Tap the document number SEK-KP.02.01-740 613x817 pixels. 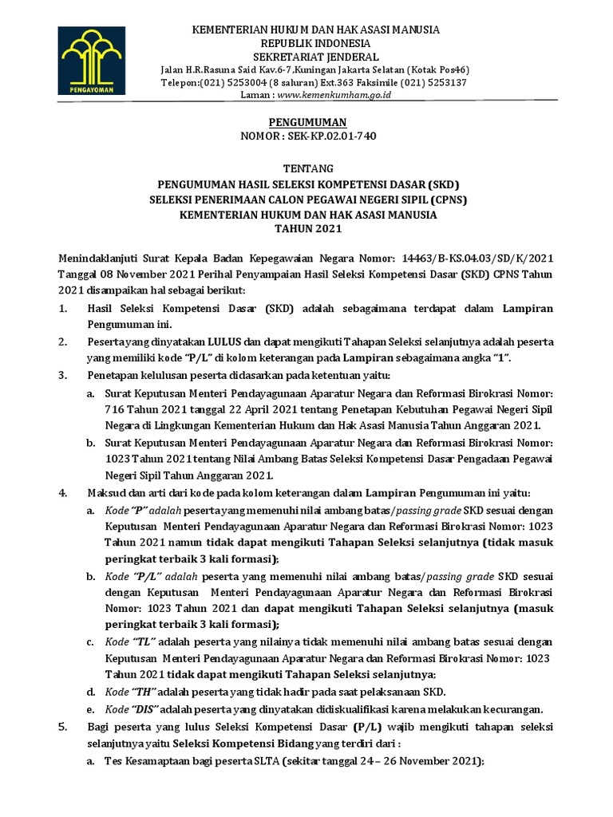click(329, 136)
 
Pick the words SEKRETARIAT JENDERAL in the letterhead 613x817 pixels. click(306, 56)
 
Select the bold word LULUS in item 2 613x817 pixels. click(203, 341)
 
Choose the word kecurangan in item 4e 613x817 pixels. click(512, 708)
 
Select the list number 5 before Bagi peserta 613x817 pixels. click(63, 727)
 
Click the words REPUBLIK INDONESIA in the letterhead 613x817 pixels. click(306, 42)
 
